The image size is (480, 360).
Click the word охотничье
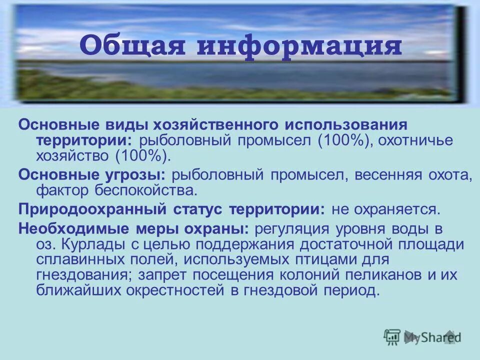[x=415, y=140]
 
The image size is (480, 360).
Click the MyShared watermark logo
[x=422, y=336]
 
